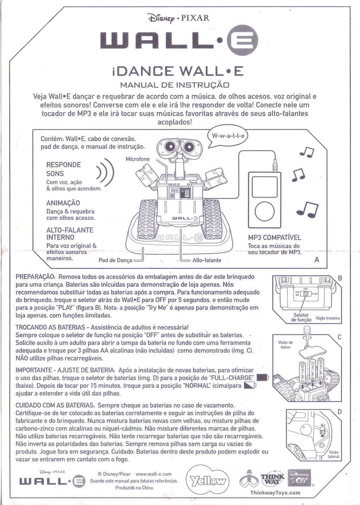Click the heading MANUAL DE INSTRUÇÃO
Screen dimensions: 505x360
pos(175,85)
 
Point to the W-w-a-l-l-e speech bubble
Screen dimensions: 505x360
pos(228,136)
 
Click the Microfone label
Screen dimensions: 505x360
pos(137,159)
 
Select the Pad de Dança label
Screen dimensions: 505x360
pos(115,260)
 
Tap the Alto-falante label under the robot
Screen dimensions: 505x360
pos(207,260)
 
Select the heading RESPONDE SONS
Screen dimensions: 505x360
pos(63,169)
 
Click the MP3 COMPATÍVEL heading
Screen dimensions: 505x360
pos(275,237)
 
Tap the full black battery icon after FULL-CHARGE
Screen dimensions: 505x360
pos(262,378)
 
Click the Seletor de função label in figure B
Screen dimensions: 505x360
pos(301,318)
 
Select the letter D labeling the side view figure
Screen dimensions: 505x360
pos(340,411)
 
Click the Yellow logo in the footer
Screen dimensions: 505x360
pos(207,481)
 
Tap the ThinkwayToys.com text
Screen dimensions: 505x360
pos(275,493)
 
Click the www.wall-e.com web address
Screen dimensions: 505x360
pos(153,474)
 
